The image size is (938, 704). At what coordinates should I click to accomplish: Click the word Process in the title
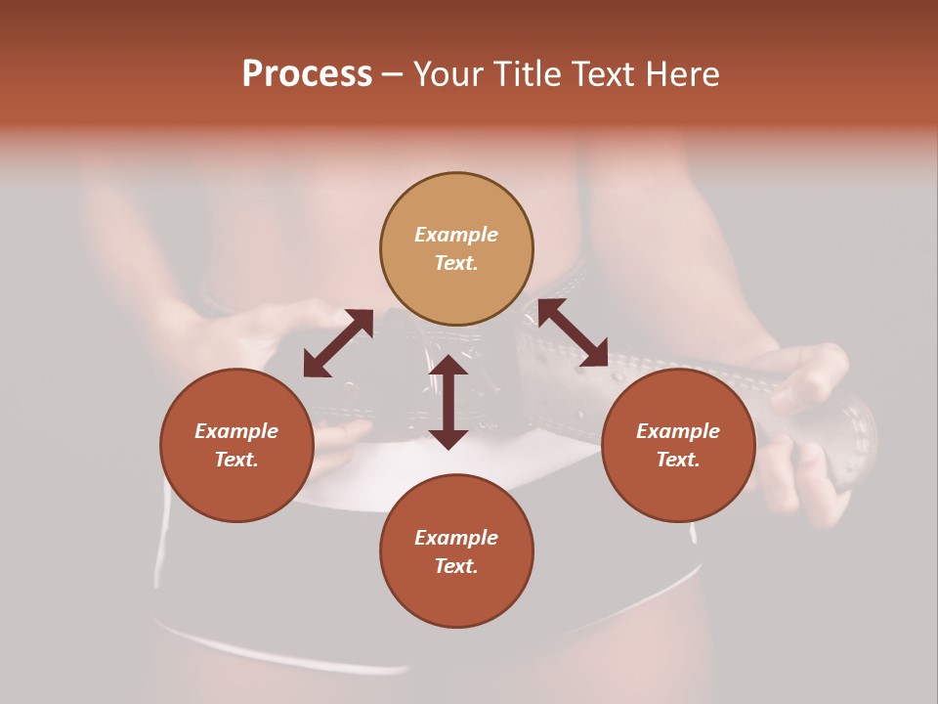coord(307,74)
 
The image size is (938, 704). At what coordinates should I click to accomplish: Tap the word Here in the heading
coord(680,74)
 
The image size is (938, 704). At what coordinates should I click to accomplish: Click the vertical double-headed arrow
coord(448,402)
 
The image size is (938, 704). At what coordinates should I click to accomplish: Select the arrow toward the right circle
coord(573,332)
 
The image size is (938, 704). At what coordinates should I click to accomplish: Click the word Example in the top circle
coord(456,235)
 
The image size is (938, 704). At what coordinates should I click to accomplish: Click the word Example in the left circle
coord(236,431)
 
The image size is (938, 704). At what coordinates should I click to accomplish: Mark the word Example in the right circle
coord(678,431)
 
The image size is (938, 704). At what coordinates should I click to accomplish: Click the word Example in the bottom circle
coord(456,538)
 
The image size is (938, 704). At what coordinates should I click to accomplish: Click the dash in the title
coord(393,75)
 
